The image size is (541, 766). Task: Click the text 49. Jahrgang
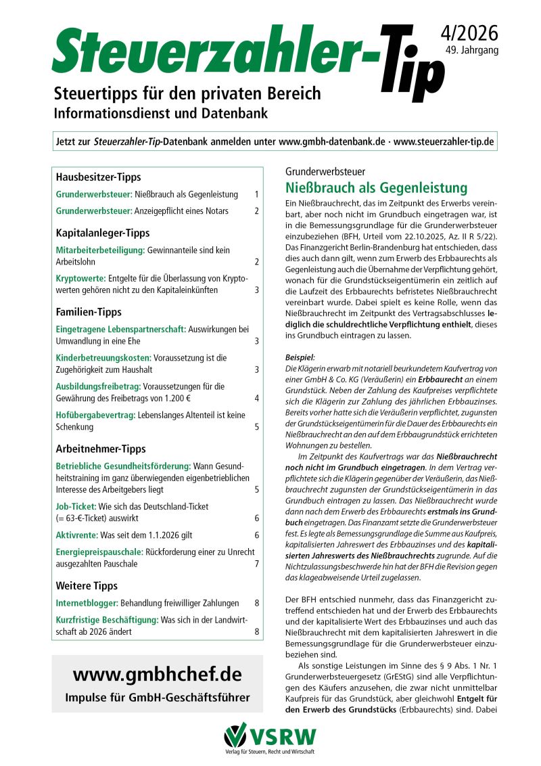(472, 51)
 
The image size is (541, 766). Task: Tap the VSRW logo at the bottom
(270, 737)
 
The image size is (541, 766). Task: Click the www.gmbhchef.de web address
(157, 675)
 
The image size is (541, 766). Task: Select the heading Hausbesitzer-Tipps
(98, 177)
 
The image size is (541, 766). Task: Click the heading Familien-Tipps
(89, 313)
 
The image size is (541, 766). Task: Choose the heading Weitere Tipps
(87, 585)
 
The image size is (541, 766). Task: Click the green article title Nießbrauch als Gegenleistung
(376, 187)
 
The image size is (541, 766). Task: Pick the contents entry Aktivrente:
(76, 535)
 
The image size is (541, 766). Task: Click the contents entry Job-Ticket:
(76, 505)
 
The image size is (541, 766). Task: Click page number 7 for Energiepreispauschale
(256, 564)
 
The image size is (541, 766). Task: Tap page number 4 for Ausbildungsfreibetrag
(256, 398)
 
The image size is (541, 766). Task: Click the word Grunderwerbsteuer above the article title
(325, 172)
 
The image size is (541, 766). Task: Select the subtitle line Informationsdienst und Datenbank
(160, 112)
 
